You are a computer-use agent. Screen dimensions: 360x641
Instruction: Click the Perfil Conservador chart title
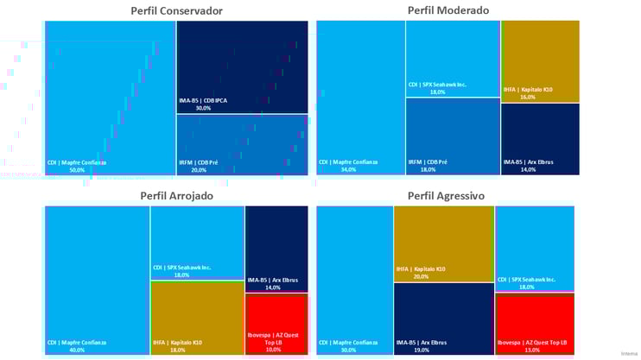click(176, 11)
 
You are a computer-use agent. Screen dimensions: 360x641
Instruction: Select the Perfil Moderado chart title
click(448, 10)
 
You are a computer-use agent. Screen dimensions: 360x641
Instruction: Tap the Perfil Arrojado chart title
click(176, 196)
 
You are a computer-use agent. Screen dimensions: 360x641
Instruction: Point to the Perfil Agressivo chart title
click(446, 196)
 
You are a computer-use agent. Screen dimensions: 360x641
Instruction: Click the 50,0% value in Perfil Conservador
click(77, 170)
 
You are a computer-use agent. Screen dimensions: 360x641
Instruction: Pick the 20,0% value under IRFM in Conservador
click(199, 170)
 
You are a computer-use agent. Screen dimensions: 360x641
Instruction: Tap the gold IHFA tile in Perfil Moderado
click(540, 60)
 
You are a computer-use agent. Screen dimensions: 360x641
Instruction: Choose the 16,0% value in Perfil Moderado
click(528, 98)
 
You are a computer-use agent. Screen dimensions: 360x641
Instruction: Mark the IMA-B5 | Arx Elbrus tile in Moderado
click(540, 138)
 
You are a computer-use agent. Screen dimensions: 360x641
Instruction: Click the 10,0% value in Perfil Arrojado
click(273, 350)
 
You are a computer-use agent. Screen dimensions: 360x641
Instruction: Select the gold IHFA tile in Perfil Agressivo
click(443, 243)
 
